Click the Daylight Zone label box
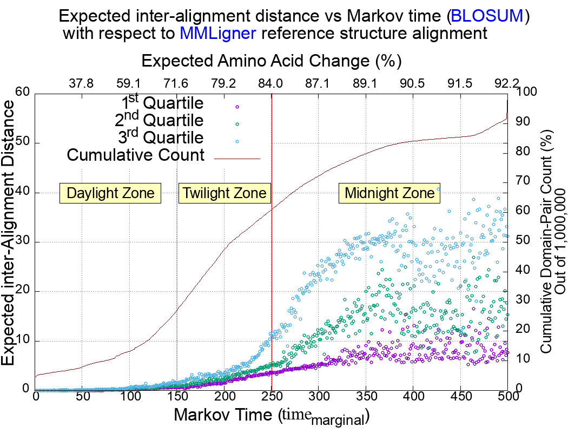tap(110, 193)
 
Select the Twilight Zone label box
tap(224, 193)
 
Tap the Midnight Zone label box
tap(389, 193)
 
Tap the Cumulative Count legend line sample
tap(237, 158)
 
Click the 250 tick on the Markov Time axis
tap(271, 397)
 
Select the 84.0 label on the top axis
tap(270, 83)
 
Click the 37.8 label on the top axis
tap(82, 83)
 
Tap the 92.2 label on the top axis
tap(507, 83)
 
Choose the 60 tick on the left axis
tap(22, 93)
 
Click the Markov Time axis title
tap(270, 416)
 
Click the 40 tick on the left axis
tap(22, 193)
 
